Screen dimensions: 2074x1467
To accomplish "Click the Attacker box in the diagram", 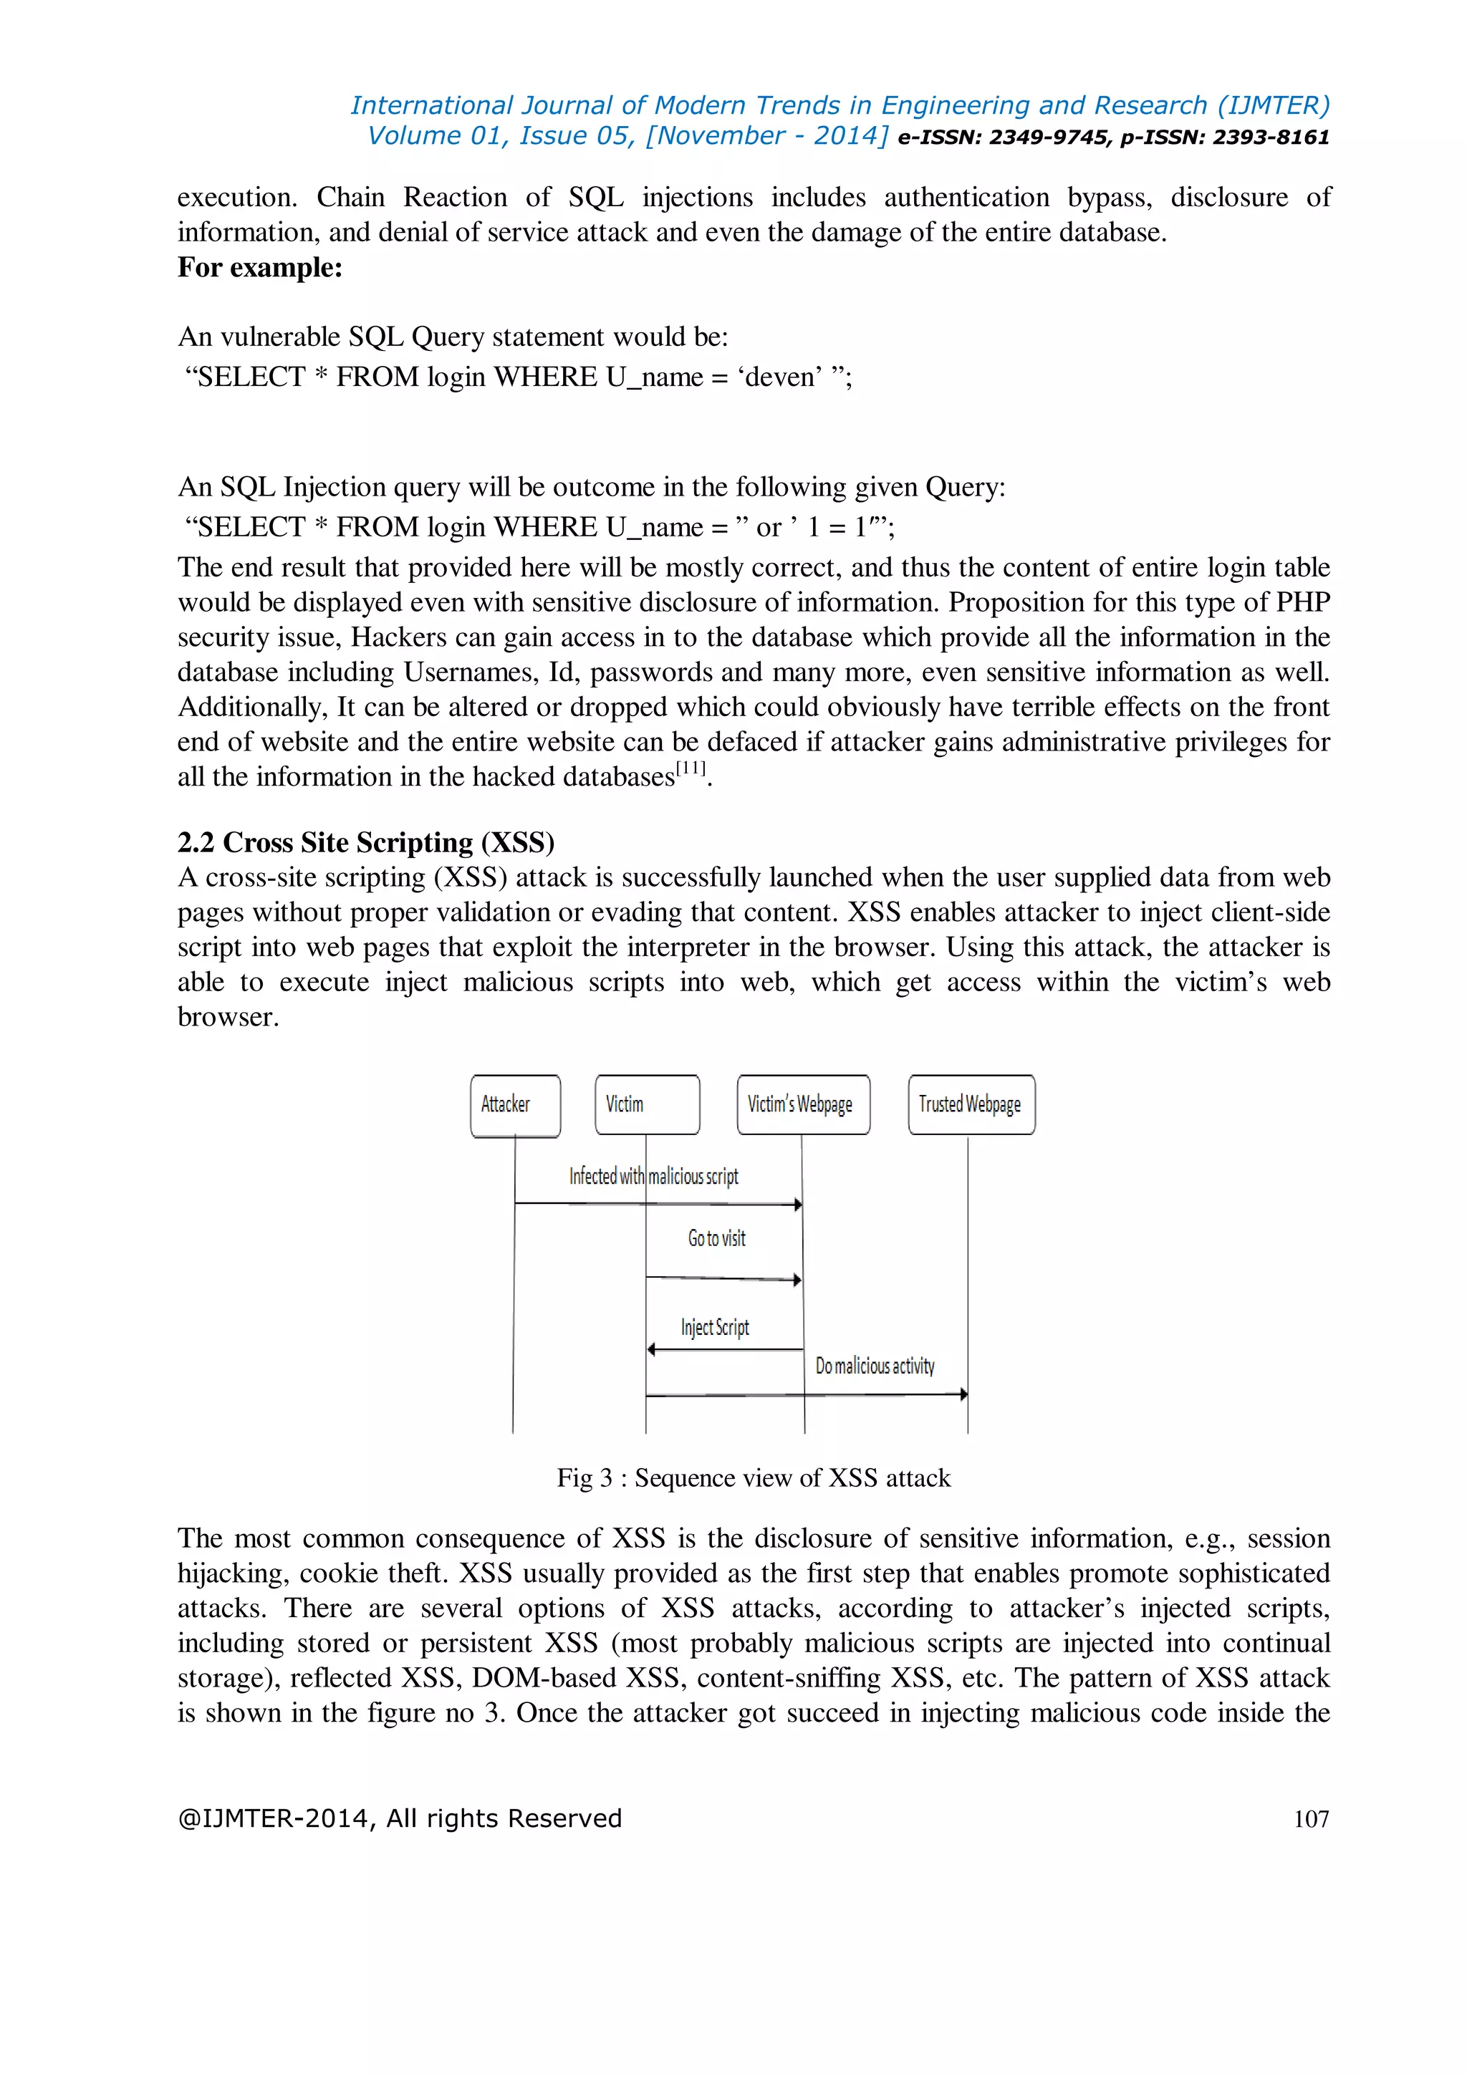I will [x=515, y=1105].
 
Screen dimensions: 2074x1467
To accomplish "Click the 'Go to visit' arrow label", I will [x=716, y=1238].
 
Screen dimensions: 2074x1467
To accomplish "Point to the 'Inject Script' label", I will [x=715, y=1327].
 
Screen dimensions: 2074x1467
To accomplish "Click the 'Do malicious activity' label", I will [x=875, y=1366].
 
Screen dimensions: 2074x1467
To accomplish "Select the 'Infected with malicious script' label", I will [x=653, y=1176].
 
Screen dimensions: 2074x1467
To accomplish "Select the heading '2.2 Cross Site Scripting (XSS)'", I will [x=365, y=842].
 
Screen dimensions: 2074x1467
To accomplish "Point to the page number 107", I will [x=1311, y=1818].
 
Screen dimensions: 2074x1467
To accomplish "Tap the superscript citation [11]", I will [x=691, y=768].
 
